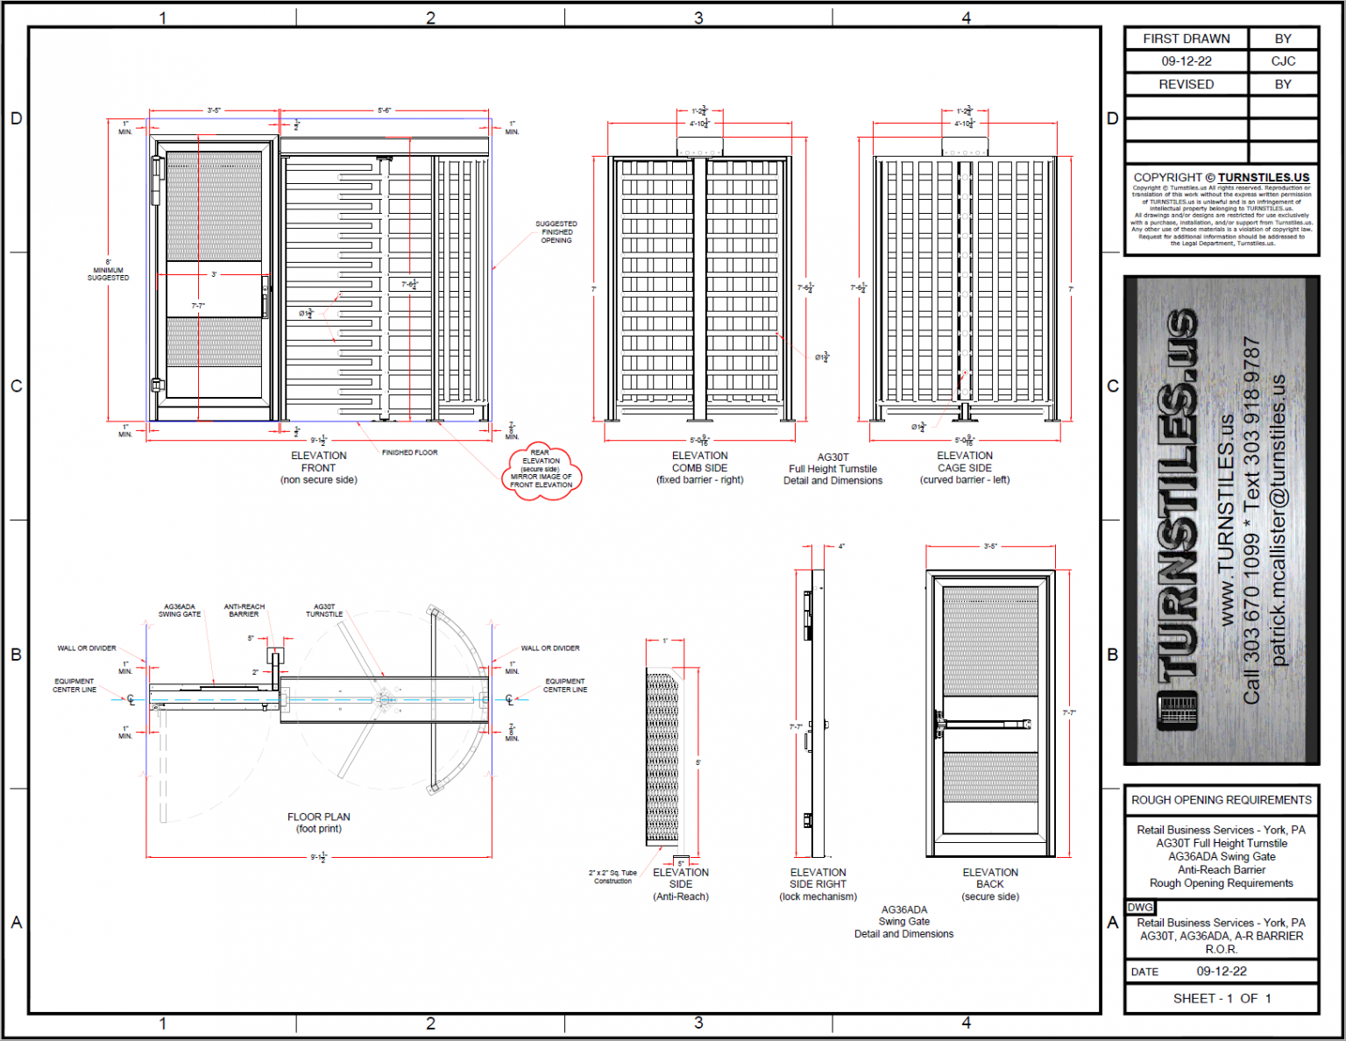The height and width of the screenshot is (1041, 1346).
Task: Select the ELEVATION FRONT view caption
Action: click(x=318, y=468)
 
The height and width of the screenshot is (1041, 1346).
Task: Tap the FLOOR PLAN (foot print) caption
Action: click(x=318, y=823)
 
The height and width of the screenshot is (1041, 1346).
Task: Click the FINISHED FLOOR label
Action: click(x=409, y=453)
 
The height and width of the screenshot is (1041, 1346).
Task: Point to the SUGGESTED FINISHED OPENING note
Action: click(x=556, y=232)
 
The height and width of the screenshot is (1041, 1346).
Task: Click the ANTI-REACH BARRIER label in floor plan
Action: click(x=244, y=611)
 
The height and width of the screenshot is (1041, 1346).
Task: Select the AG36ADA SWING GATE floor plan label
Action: click(x=180, y=611)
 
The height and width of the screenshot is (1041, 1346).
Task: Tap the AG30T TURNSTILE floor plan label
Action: click(x=324, y=611)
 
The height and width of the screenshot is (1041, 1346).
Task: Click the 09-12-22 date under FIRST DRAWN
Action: click(x=1187, y=61)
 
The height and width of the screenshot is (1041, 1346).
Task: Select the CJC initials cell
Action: click(x=1283, y=61)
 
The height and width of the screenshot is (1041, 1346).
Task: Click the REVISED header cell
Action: click(x=1187, y=84)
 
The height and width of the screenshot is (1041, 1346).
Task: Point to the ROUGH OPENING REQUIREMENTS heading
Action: click(x=1221, y=800)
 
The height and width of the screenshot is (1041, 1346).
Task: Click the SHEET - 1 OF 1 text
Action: click(x=1222, y=999)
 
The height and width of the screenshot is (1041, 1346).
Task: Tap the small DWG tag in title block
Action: click(x=1140, y=908)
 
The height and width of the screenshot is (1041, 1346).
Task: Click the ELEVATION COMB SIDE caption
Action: click(x=699, y=468)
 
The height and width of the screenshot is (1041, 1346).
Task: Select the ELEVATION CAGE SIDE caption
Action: click(x=964, y=468)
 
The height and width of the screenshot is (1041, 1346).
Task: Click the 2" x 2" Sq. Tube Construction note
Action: click(x=613, y=877)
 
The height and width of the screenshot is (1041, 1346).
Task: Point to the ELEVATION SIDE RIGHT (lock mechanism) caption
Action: click(x=818, y=884)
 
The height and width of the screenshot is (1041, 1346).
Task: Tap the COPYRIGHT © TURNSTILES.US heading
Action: click(x=1221, y=177)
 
